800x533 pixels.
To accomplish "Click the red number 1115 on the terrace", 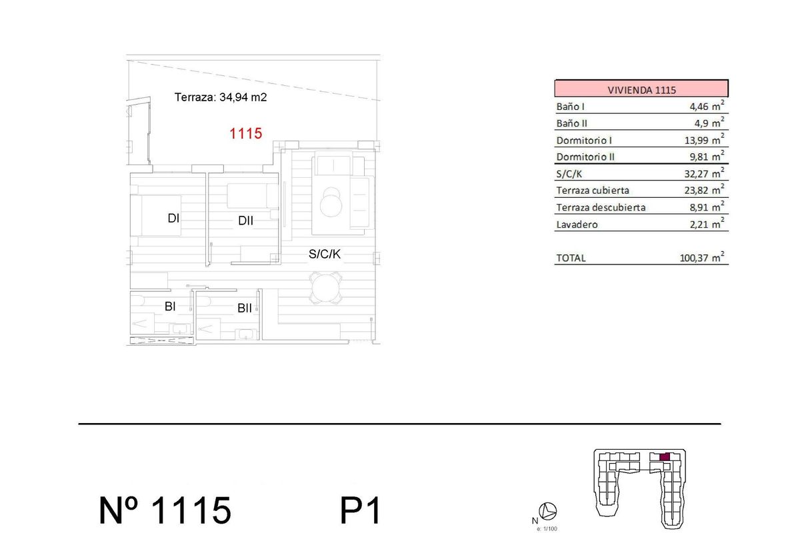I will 245,134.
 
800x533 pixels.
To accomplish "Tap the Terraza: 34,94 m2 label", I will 221,97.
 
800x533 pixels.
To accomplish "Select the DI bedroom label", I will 173,218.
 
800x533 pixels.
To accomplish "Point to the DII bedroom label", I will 245,221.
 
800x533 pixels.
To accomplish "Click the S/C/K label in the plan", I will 325,254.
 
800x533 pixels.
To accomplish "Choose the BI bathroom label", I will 170,306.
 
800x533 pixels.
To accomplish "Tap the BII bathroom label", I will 245,308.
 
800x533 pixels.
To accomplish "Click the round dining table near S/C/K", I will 326,288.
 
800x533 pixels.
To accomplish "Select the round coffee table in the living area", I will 331,203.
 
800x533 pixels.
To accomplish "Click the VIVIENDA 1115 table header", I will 641,89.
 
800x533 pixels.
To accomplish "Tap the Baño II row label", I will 571,123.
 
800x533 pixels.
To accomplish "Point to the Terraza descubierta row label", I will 601,207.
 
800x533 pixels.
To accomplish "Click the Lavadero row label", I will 577,225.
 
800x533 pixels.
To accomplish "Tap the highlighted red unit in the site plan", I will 664,457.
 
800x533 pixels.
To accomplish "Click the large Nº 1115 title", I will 165,511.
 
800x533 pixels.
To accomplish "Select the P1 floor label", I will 361,511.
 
